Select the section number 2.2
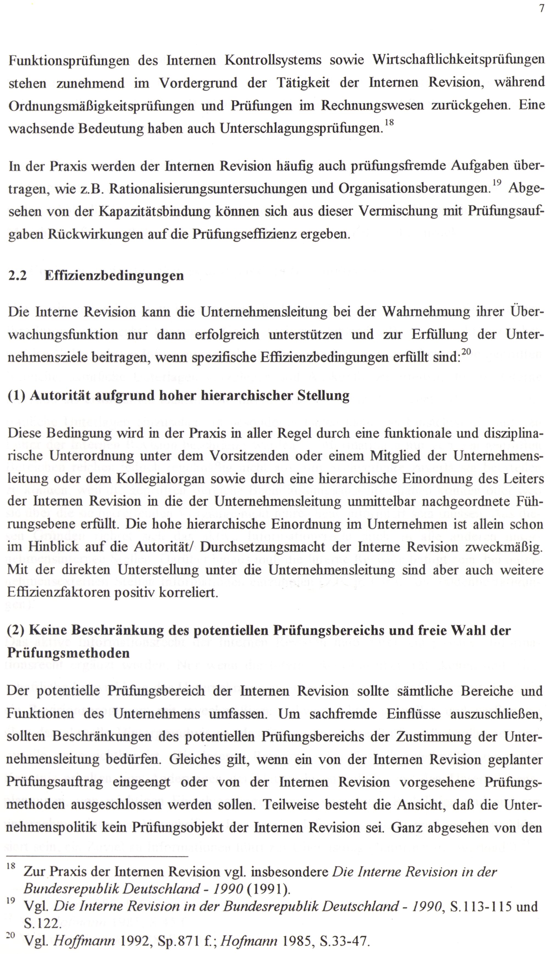coord(17,276)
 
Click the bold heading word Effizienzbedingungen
coord(114,276)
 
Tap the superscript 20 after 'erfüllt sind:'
coord(466,352)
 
